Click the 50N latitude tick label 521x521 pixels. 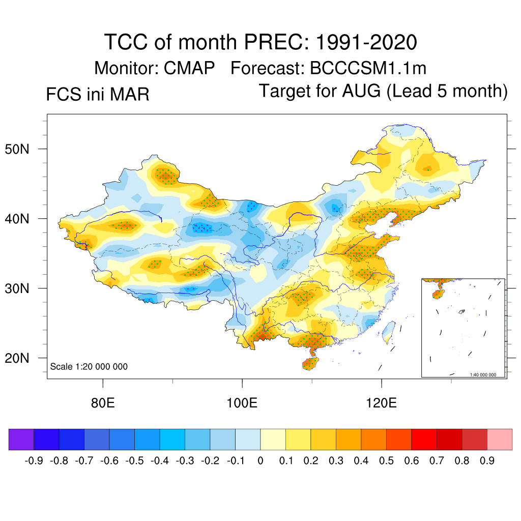pyautogui.click(x=22, y=150)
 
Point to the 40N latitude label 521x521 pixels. pyautogui.click(x=22, y=219)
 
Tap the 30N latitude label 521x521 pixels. pyautogui.click(x=22, y=288)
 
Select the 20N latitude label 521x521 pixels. pyautogui.click(x=22, y=358)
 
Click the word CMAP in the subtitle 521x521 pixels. pyautogui.click(x=190, y=68)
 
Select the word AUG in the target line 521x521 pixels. pyautogui.click(x=366, y=91)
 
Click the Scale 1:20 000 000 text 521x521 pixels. pyautogui.click(x=89, y=367)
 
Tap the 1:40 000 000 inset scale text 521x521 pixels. pyautogui.click(x=486, y=374)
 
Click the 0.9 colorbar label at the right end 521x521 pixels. pyautogui.click(x=487, y=461)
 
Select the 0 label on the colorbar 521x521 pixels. pyautogui.click(x=260, y=461)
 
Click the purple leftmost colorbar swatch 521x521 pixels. pyautogui.click(x=21, y=439)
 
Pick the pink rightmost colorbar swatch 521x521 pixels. pyautogui.click(x=500, y=439)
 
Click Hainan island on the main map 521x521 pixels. pyautogui.click(x=309, y=363)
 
